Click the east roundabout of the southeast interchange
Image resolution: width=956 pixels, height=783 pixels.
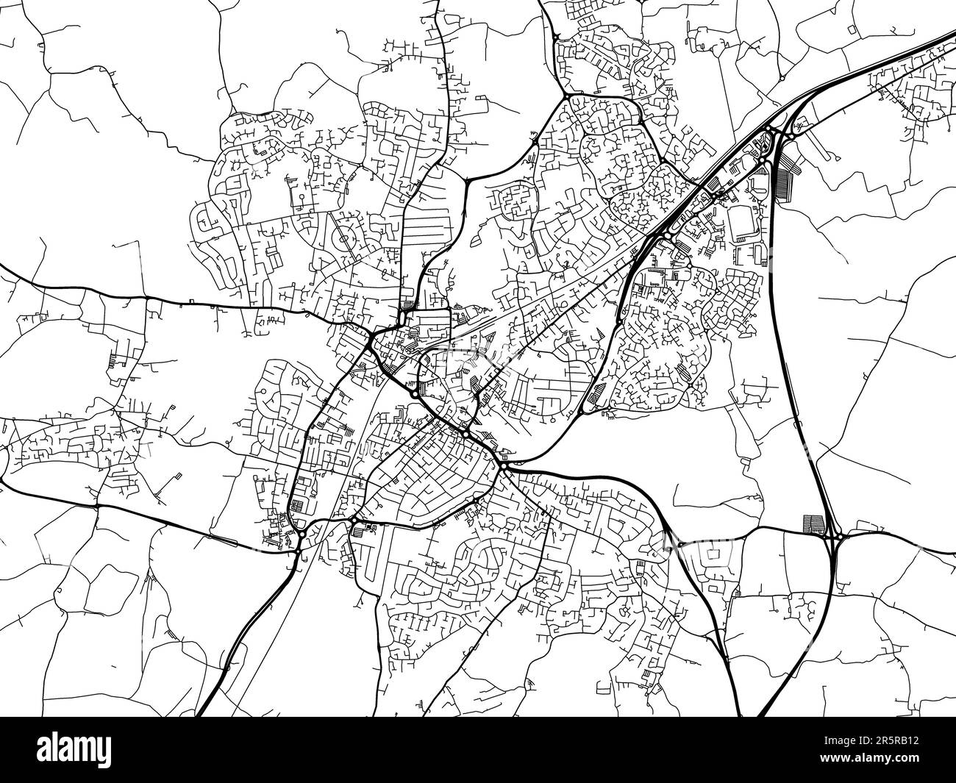[838, 540]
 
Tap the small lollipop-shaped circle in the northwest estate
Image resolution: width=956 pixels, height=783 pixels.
[302, 199]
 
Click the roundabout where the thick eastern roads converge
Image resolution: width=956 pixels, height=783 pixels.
[504, 467]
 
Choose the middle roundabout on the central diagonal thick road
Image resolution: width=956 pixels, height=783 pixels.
[465, 435]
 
